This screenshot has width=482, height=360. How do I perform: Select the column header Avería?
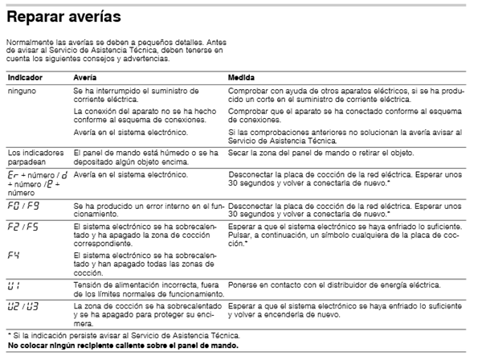coord(85,79)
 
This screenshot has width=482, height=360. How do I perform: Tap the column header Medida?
coord(243,79)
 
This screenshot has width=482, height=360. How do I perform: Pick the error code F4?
coord(12,256)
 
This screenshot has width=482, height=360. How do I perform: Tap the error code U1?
coord(14,285)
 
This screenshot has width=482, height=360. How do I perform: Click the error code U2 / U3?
coord(20,306)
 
